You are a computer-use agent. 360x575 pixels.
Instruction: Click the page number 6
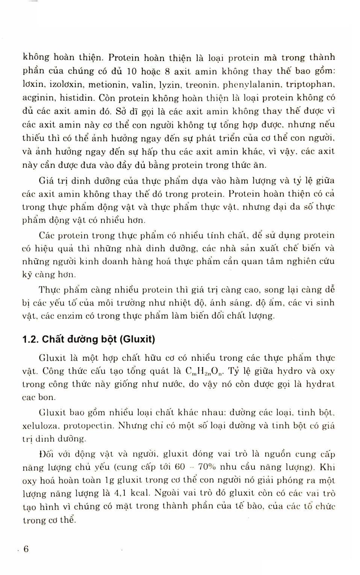(x=26, y=549)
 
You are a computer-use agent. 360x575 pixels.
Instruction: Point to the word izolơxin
(x=63, y=85)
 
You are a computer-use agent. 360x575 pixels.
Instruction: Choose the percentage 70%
(x=207, y=467)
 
